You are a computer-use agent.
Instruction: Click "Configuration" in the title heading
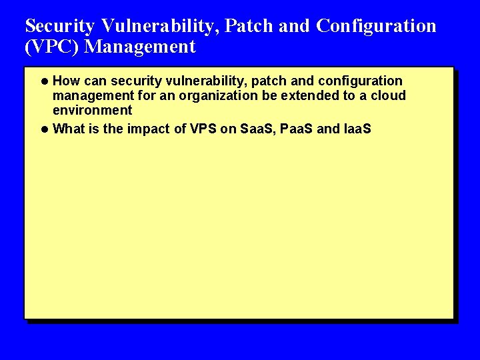tap(376, 26)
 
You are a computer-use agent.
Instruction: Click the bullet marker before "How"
tap(44, 81)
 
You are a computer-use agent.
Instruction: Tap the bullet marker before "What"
tap(44, 129)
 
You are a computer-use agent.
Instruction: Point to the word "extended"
tap(290, 96)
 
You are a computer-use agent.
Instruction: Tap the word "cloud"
tap(388, 96)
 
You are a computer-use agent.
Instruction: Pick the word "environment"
tap(93, 111)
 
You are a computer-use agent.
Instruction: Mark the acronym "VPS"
tap(203, 129)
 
